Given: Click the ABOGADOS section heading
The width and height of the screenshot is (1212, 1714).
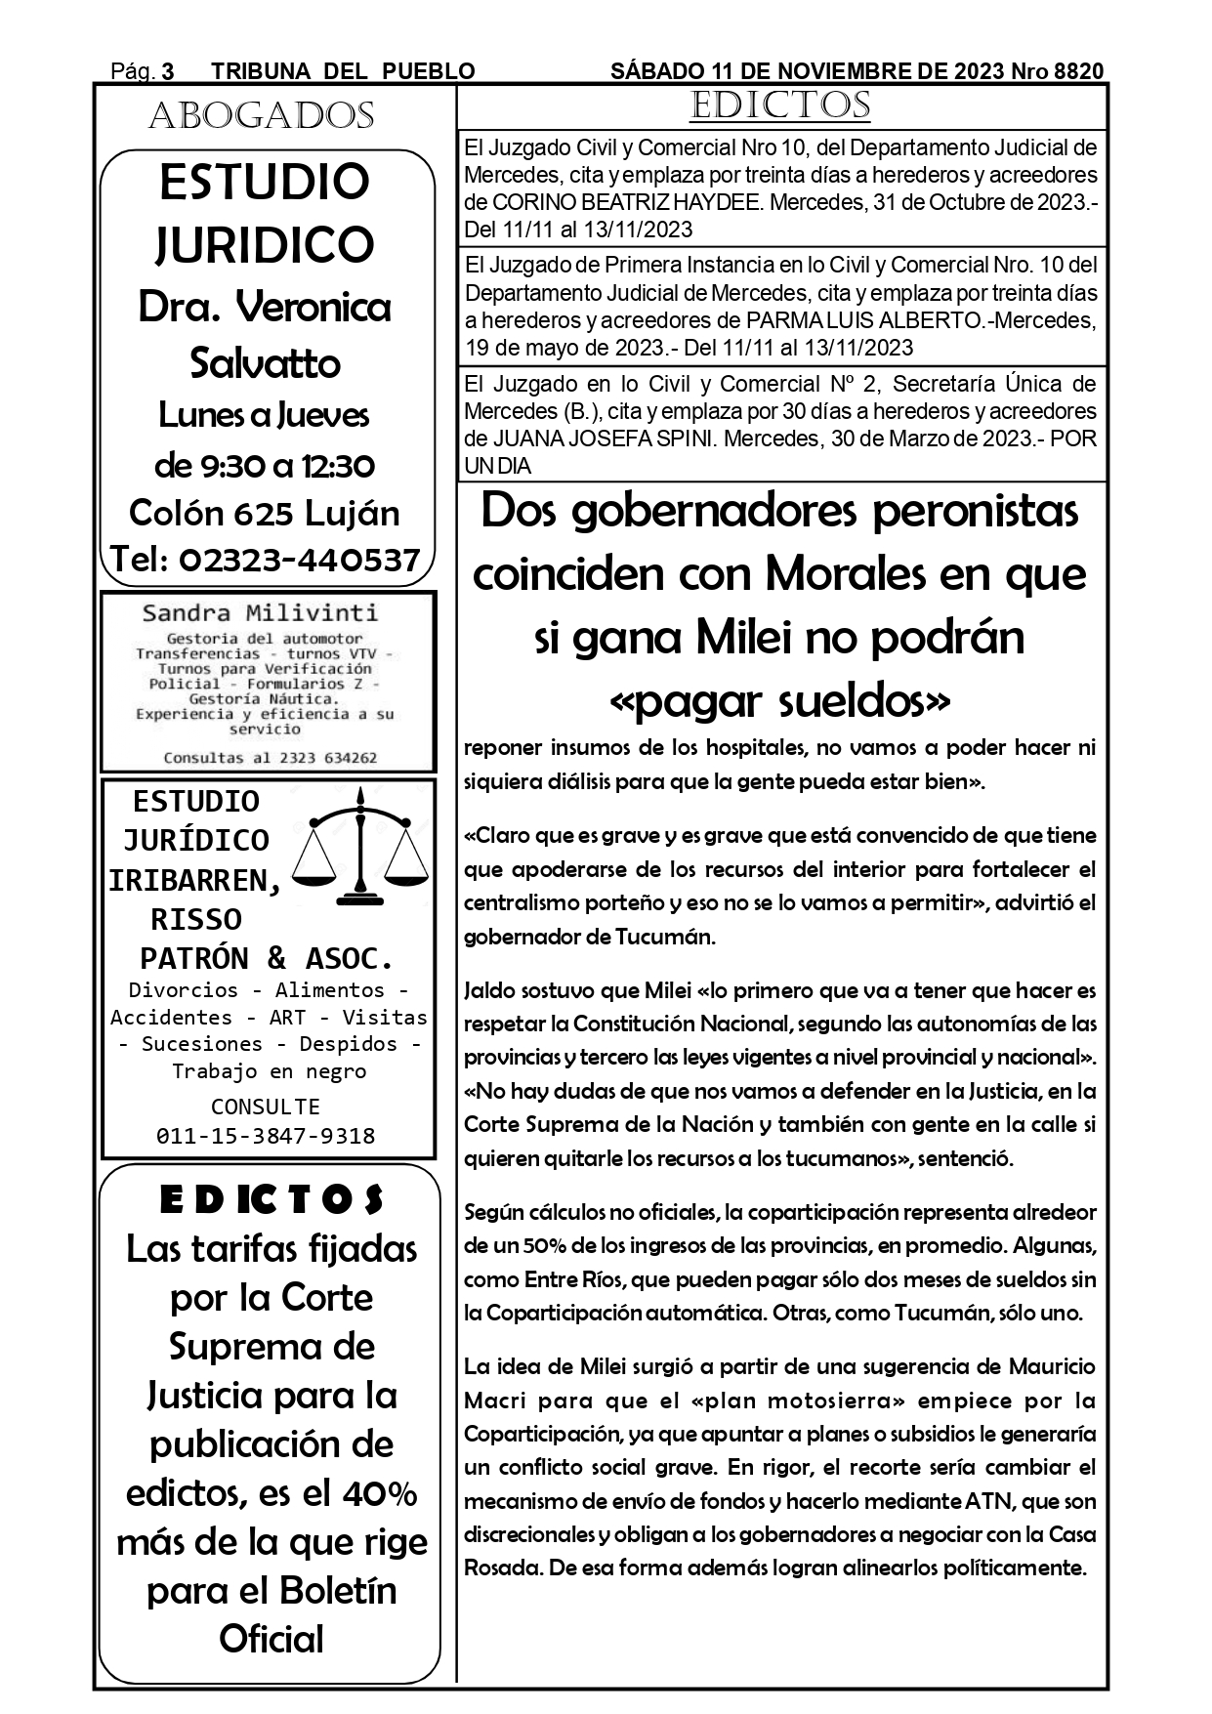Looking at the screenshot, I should [x=262, y=116].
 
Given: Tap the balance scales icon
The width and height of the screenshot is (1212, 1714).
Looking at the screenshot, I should [x=361, y=845].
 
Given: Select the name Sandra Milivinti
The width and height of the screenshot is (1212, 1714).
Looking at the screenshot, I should [x=260, y=613].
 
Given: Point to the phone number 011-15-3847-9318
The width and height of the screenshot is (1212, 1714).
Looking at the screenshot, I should [x=266, y=1136].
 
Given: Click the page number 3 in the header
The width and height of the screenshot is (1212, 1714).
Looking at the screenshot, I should [x=168, y=71].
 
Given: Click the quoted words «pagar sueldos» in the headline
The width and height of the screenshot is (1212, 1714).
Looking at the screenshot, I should [x=779, y=700].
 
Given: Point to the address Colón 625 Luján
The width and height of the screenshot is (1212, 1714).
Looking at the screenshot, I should [x=265, y=513].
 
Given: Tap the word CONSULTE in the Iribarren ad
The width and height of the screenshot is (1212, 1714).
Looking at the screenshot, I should [x=266, y=1107].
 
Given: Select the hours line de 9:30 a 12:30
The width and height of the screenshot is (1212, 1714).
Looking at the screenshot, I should [x=265, y=465].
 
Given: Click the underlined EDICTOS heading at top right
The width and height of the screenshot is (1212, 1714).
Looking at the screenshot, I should [x=779, y=105].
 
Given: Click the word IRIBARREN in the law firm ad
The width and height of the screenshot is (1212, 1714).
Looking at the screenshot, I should [x=194, y=880].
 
